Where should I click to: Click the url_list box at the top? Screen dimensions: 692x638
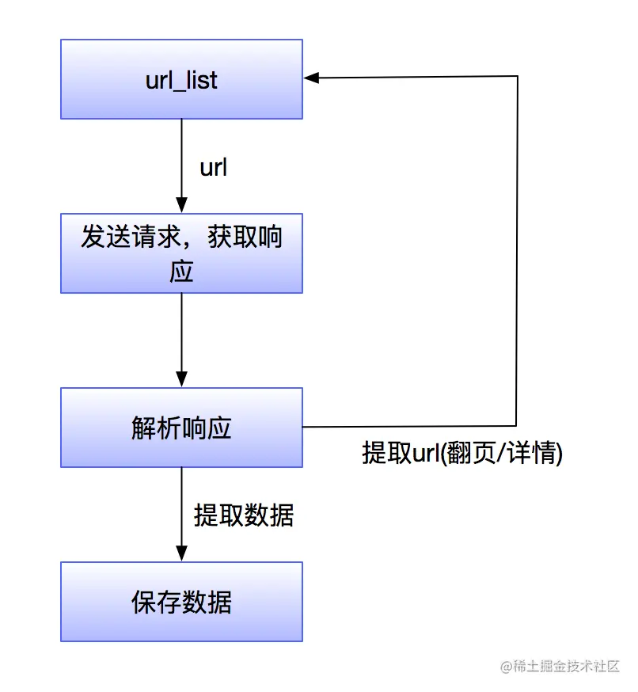181,79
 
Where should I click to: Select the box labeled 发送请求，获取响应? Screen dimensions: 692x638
181,253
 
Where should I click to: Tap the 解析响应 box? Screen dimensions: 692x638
181,428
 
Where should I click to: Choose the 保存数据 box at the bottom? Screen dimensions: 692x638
181,602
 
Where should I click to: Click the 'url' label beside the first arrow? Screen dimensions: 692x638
213,168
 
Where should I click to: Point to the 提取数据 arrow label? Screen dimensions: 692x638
244,515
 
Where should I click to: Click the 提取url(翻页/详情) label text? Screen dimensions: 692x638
462,453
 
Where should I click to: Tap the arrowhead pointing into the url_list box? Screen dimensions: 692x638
311,77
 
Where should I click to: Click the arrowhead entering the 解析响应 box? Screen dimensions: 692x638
181,380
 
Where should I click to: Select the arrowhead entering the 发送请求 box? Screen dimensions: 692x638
181,206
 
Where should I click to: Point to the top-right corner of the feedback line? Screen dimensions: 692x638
517,77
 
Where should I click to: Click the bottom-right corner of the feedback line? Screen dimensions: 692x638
517,427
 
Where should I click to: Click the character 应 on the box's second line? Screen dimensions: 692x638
181,272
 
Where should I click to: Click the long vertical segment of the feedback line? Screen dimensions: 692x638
517,253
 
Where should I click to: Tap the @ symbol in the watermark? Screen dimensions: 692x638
507,667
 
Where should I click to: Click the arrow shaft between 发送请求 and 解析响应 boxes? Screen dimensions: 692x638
181,333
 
